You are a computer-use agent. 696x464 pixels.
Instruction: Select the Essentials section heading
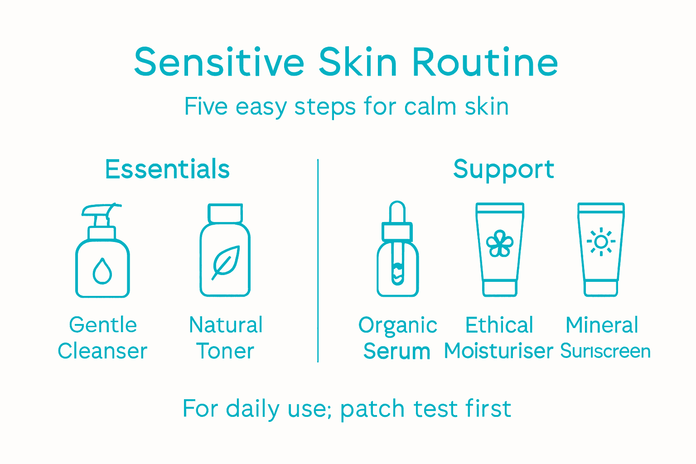pos(167,169)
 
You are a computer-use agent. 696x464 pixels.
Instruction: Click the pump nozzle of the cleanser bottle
pos(102,211)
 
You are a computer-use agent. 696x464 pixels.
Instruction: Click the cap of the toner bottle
pos(225,213)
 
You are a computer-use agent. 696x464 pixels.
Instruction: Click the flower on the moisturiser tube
pos(499,244)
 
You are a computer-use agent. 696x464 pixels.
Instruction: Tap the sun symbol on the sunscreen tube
pos(601,242)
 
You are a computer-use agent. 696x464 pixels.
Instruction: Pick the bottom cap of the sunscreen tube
pos(601,288)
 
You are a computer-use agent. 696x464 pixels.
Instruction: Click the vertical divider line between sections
pos(318,261)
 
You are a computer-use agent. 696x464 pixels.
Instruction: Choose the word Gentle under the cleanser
pos(103,325)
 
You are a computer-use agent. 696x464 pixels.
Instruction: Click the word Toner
pos(225,351)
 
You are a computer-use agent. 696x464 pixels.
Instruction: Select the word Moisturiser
pos(498,351)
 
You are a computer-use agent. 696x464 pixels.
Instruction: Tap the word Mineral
pos(602,325)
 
